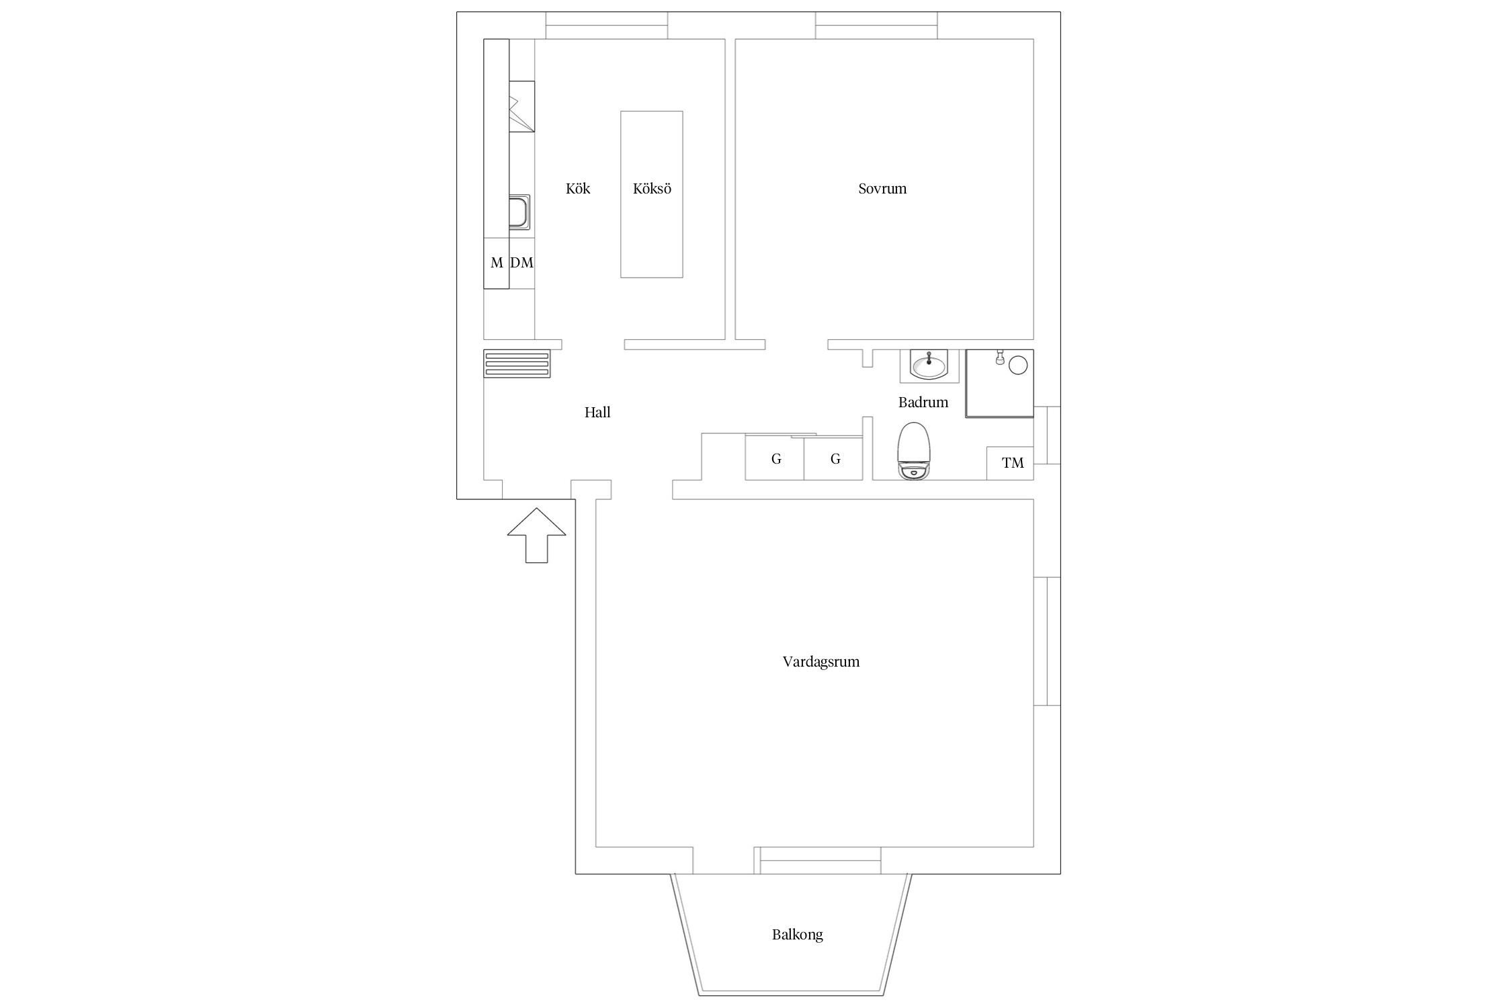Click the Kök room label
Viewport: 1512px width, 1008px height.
[578, 189]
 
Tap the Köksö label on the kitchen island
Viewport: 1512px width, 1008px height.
[652, 189]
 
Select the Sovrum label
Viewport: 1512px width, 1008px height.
[882, 189]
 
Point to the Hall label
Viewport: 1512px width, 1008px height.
[597, 413]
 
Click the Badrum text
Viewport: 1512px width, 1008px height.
[923, 403]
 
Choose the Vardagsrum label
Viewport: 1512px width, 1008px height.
[821, 662]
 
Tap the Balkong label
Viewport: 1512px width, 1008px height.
[798, 935]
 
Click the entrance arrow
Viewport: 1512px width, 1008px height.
[536, 536]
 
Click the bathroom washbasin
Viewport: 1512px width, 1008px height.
[929, 366]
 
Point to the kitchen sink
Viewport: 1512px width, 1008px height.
[519, 212]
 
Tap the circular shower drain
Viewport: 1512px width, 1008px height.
[1019, 365]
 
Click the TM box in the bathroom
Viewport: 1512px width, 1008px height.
[1010, 463]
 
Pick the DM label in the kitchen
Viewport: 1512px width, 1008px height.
[521, 263]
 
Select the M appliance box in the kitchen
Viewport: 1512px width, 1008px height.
[497, 263]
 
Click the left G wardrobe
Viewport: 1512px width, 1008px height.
[775, 458]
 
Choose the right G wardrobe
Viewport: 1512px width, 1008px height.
[833, 458]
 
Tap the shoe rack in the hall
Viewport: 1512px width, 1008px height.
[517, 364]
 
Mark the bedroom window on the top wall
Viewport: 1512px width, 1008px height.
[876, 26]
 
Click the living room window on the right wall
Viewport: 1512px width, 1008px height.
[1047, 641]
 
